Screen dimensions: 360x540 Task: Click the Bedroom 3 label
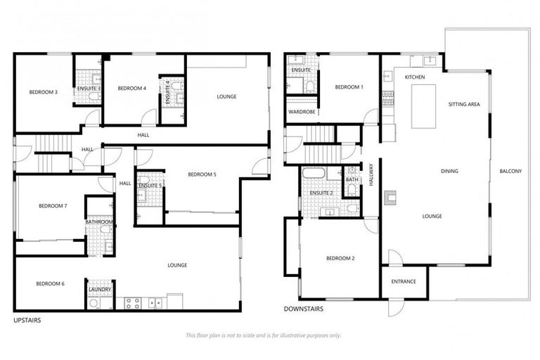click(44, 92)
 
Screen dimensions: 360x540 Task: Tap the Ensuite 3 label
click(89, 88)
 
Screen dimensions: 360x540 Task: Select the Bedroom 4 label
click(131, 88)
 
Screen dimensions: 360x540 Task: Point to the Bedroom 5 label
click(201, 174)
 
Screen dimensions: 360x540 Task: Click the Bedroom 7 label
click(53, 206)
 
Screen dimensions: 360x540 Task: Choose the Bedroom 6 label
click(50, 283)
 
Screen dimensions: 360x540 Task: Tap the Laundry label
click(98, 289)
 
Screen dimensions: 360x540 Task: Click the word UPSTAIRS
click(27, 320)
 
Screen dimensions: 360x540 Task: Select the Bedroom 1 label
click(349, 87)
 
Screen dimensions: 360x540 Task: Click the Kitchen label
click(415, 77)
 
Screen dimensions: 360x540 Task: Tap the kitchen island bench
click(423, 106)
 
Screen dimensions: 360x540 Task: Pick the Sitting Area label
click(464, 104)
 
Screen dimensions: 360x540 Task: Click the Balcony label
click(510, 172)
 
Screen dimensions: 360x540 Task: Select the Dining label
click(449, 172)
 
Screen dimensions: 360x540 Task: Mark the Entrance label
click(403, 282)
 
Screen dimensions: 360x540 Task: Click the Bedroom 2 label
click(340, 259)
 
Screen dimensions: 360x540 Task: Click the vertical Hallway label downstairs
click(371, 175)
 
